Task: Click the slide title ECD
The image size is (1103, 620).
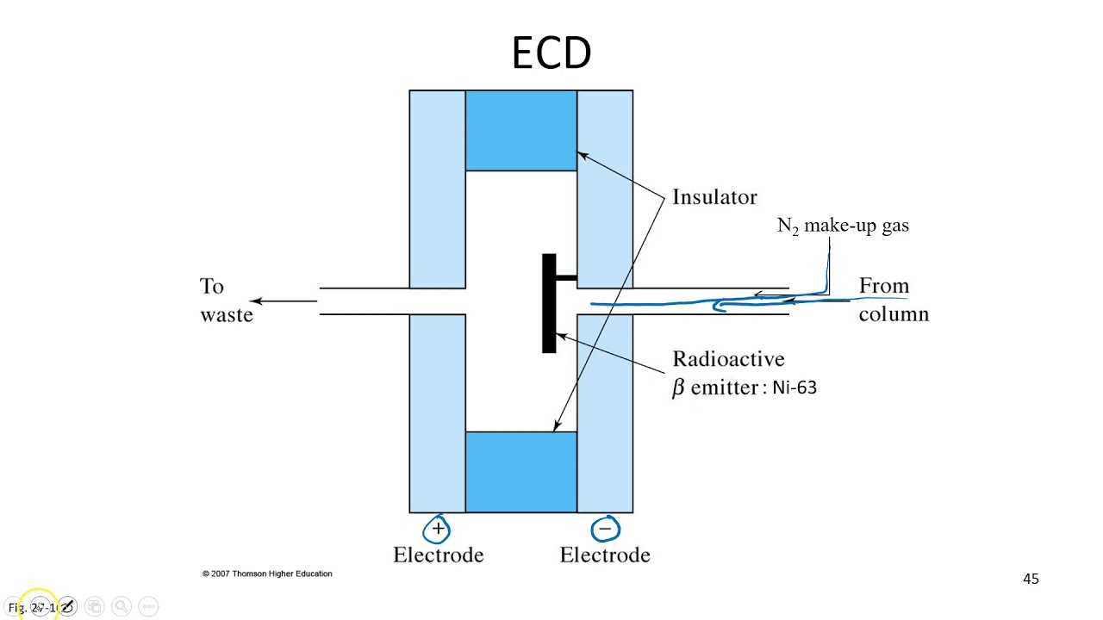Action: pos(551,53)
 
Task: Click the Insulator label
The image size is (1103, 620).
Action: pos(714,197)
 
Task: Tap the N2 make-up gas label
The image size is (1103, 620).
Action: pos(843,226)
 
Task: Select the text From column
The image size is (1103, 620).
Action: pos(893,300)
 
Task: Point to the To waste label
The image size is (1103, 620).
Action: pos(226,301)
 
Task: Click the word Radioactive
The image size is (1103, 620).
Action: pos(728,359)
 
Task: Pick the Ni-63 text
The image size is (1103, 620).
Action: pos(794,387)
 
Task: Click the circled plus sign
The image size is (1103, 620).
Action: pos(438,528)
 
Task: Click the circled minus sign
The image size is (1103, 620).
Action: pos(605,528)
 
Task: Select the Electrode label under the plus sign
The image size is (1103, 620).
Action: pos(438,555)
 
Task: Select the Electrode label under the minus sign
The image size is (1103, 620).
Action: pos(605,555)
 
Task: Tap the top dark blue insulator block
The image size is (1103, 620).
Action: pos(521,130)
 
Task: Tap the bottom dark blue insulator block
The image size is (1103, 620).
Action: pos(521,472)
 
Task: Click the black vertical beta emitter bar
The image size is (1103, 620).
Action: pos(549,303)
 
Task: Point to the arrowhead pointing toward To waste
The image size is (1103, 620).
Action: pos(257,301)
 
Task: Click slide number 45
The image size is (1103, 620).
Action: pos(1031,580)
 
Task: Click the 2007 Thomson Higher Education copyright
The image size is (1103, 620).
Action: pos(267,573)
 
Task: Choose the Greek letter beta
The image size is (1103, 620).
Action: pos(678,388)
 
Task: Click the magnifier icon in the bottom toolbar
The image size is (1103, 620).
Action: pos(121,607)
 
